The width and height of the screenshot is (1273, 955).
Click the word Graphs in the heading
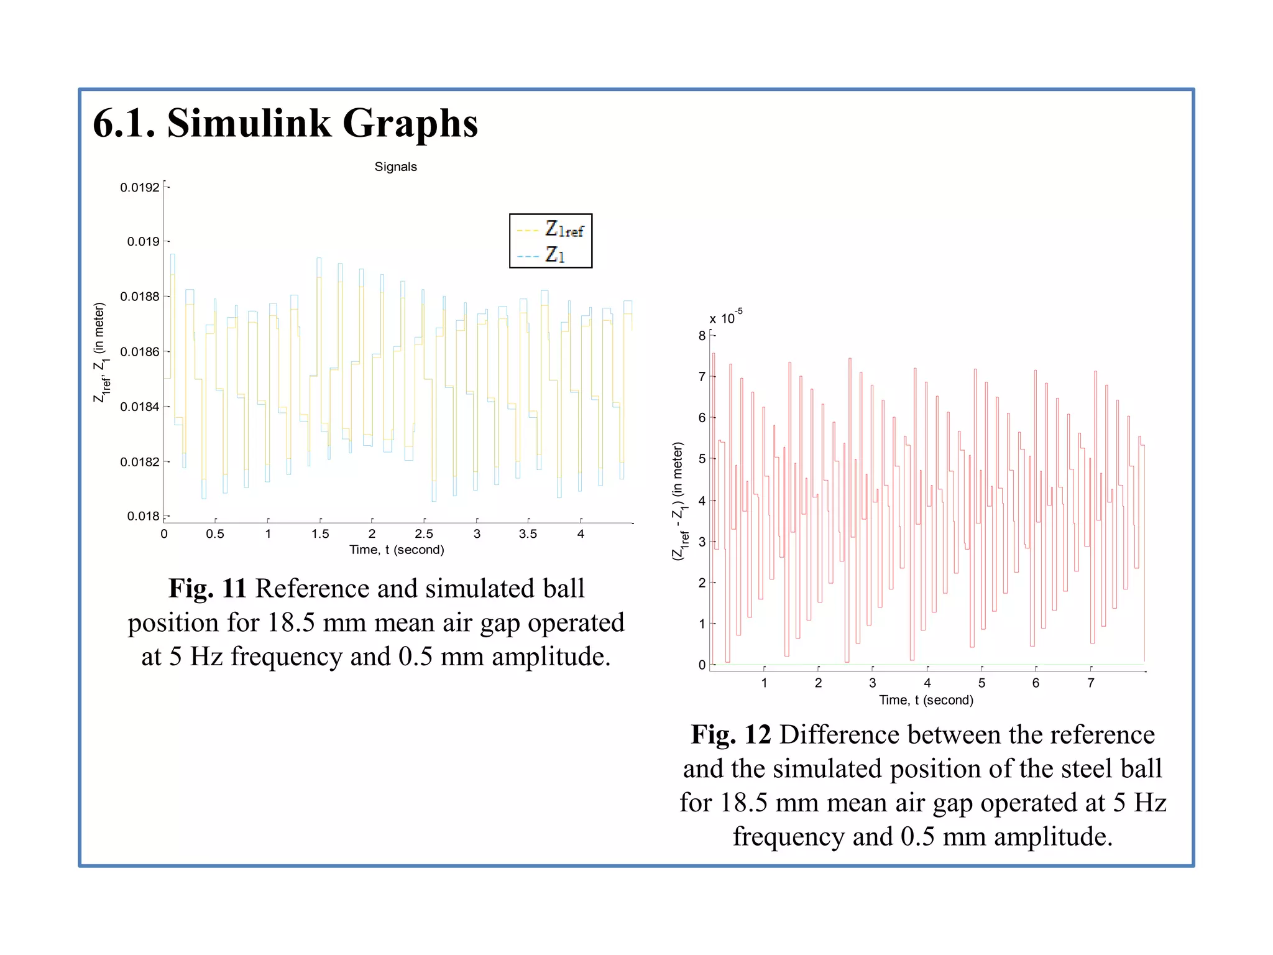410,124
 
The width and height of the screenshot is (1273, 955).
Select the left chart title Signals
395,167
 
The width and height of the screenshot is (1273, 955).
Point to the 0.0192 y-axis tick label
140,187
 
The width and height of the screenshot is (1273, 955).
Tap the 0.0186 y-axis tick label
140,352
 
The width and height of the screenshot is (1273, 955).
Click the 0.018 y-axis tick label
144,516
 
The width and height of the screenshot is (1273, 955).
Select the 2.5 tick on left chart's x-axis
424,533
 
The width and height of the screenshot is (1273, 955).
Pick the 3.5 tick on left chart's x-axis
528,533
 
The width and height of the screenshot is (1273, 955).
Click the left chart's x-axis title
397,550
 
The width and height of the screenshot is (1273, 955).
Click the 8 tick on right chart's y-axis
702,336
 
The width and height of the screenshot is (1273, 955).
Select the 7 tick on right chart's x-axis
1090,683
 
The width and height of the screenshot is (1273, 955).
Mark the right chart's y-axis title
679,501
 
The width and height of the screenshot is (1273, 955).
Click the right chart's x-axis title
926,700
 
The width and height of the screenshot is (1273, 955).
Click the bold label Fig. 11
208,588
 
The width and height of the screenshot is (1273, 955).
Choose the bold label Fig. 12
731,734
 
